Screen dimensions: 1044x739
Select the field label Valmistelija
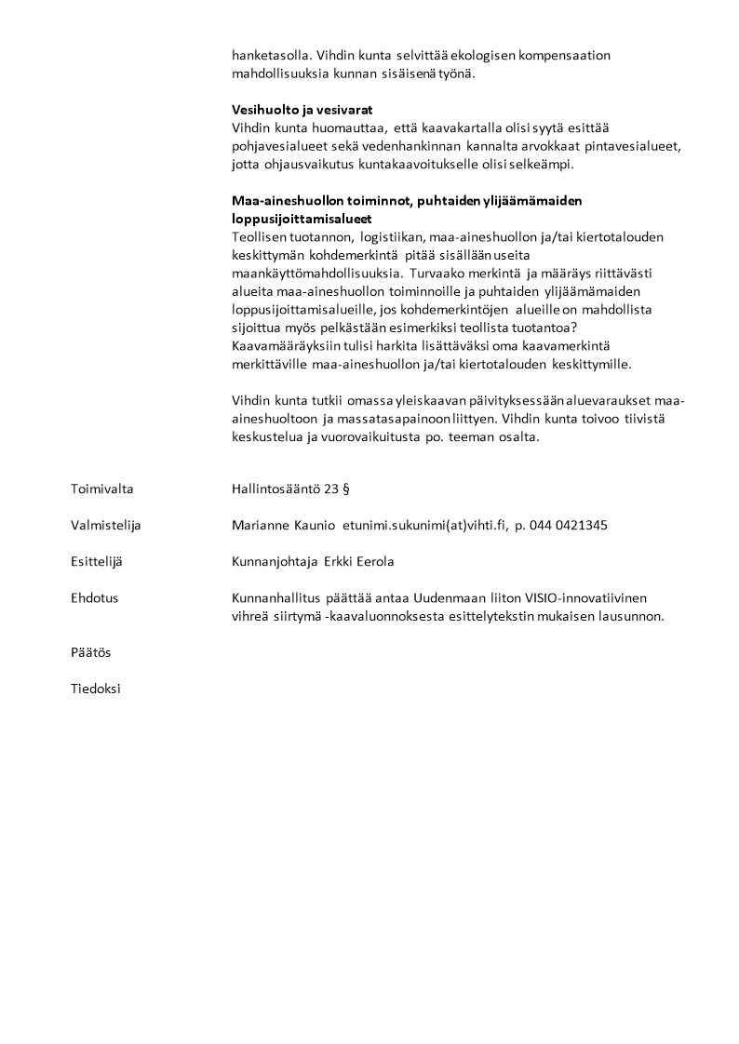click(105, 525)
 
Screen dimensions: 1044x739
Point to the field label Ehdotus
click(94, 598)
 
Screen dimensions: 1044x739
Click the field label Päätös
click(90, 652)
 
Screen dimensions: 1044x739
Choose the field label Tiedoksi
click(95, 689)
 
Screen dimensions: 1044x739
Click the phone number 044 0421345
click(568, 525)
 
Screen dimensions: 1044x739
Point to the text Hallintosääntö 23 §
click(290, 488)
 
